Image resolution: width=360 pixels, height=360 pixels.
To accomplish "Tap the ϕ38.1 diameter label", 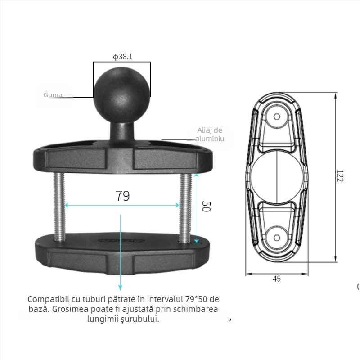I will coord(122,57).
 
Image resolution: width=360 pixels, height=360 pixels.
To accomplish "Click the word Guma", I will coord(53,95).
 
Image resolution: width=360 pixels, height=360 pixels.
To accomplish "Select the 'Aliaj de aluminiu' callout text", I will coord(210,135).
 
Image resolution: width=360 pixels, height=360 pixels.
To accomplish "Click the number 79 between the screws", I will coord(122,196).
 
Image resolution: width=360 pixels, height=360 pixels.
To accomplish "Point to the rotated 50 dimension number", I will coord(206,207).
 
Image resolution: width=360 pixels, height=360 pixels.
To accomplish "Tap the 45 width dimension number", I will coord(276,279).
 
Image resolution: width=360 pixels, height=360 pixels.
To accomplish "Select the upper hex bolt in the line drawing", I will coord(276,117).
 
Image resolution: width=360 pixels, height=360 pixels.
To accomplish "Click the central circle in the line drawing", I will coord(276,178).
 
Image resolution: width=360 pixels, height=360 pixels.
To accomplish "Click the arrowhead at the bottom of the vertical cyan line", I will coord(121,288).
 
